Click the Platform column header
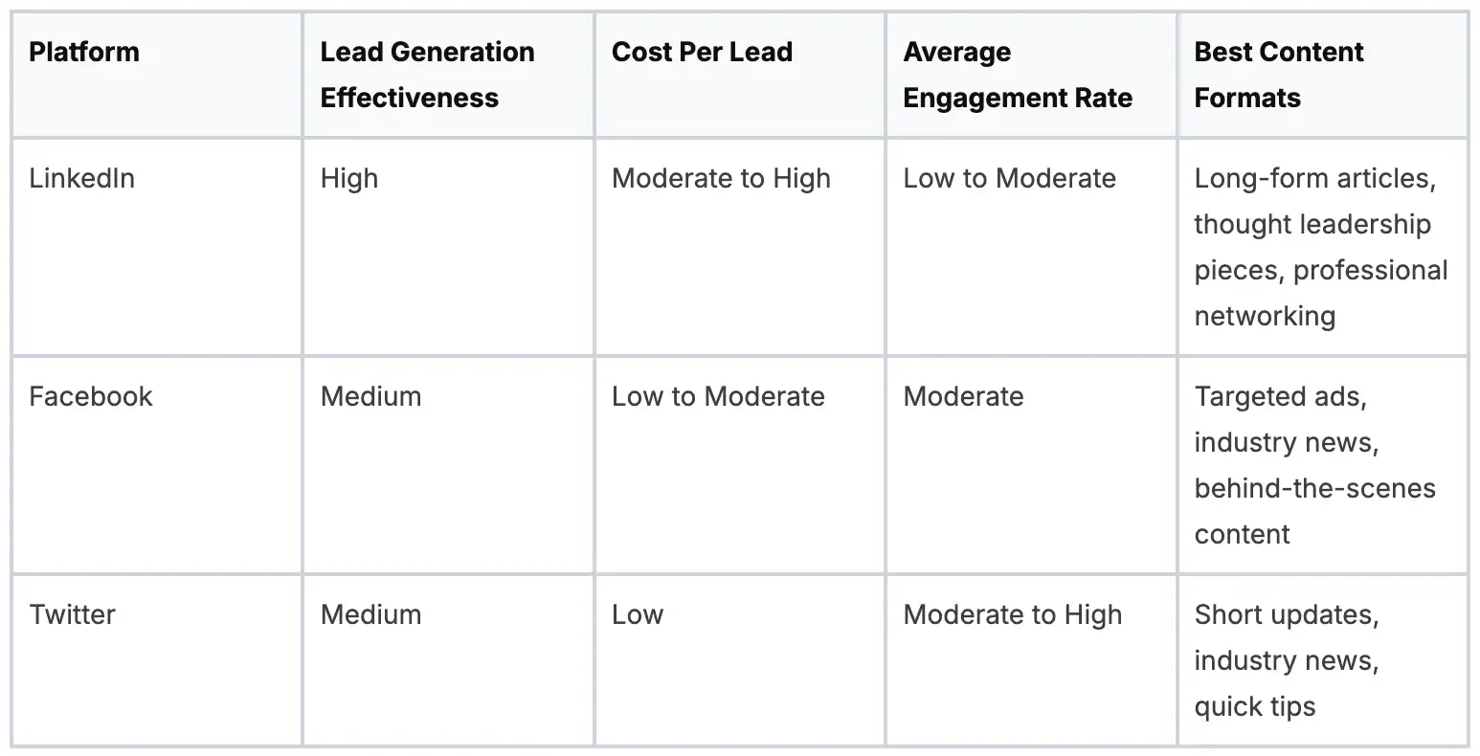pos(84,52)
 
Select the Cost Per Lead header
pos(702,52)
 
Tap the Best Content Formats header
pos(1278,75)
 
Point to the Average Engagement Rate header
pos(1017,75)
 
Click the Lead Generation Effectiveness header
pos(427,75)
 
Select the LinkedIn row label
pos(81,178)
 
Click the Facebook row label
pos(90,396)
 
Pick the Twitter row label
pos(72,614)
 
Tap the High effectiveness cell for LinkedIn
pos(348,178)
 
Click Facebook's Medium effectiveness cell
pos(370,396)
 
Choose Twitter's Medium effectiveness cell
pos(370,614)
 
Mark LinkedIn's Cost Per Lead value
pos(721,178)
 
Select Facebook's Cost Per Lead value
pos(718,396)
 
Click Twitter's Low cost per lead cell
pos(638,614)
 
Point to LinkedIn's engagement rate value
pos(1009,178)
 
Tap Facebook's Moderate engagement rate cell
pos(963,396)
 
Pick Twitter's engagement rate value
pos(1012,614)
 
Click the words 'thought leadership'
pos(1312,224)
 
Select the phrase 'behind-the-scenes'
pos(1314,488)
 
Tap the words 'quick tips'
pos(1254,706)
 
